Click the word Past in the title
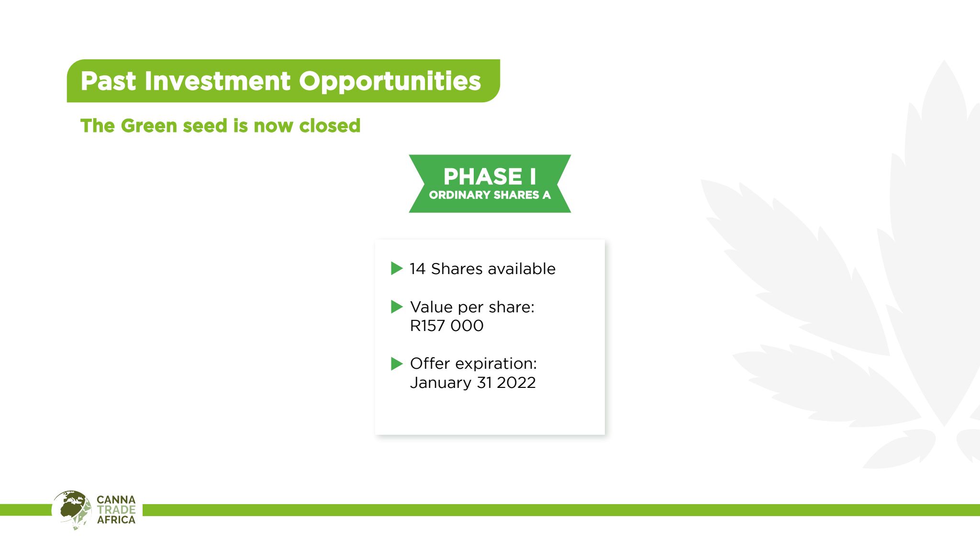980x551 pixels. tap(109, 81)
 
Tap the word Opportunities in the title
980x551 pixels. tap(390, 82)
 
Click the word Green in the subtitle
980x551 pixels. tap(149, 126)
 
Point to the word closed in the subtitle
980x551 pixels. tap(330, 126)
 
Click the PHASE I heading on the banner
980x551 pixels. tap(490, 176)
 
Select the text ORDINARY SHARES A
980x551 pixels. tap(490, 195)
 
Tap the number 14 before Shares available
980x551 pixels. tap(417, 269)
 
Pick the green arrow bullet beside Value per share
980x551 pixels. tap(397, 307)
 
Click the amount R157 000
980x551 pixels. tap(447, 326)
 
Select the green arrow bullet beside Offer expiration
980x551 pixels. tap(397, 364)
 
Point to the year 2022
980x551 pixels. tap(516, 383)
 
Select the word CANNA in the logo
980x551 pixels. tap(116, 500)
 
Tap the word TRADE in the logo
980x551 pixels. tap(116, 510)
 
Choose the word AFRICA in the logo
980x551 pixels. tap(116, 520)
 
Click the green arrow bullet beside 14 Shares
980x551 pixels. tap(397, 268)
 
